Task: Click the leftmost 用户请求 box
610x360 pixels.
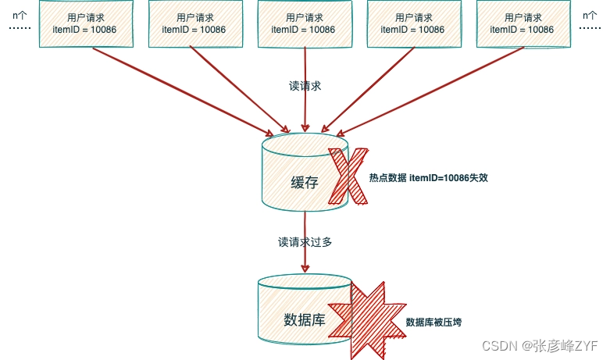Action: [x=84, y=23]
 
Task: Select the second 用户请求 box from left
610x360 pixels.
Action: [x=194, y=23]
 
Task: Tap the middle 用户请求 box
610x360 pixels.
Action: [x=303, y=23]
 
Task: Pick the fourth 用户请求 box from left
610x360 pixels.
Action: [x=412, y=23]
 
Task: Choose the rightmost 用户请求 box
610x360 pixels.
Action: [x=522, y=23]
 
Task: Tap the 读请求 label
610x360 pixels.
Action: [x=305, y=86]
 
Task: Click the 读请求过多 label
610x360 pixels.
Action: [x=305, y=242]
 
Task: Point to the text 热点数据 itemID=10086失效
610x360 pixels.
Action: [x=428, y=178]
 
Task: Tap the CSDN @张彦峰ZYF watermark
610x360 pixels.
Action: [x=539, y=345]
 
